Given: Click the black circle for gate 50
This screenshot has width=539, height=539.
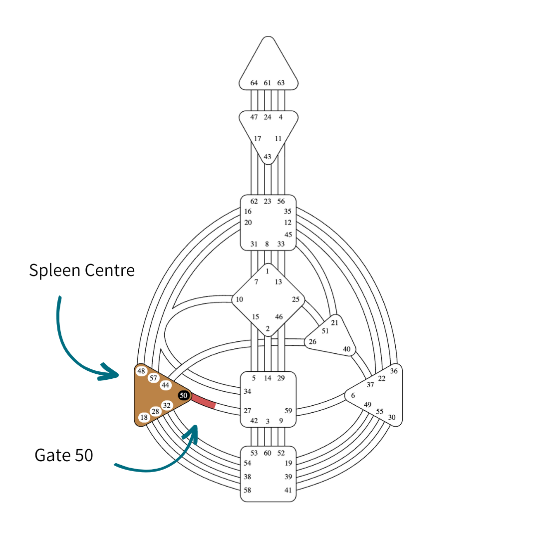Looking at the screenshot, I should pyautogui.click(x=184, y=395).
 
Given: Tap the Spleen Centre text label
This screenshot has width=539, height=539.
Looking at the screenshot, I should pyautogui.click(x=82, y=270).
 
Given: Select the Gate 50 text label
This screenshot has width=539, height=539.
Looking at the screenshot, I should pyautogui.click(x=64, y=455).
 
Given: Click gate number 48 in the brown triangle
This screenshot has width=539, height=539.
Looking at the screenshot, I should pyautogui.click(x=141, y=371).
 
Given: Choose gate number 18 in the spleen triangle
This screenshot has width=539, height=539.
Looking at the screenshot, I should pyautogui.click(x=144, y=417).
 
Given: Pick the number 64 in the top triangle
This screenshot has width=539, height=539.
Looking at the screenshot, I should pyautogui.click(x=255, y=83).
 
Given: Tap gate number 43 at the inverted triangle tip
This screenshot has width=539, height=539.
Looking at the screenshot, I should pyautogui.click(x=268, y=157).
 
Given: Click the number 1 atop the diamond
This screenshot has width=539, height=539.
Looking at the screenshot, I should pyautogui.click(x=268, y=271).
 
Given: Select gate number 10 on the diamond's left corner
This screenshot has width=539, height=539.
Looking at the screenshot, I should pyautogui.click(x=240, y=299).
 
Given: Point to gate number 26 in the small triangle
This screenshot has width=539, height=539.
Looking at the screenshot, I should pyautogui.click(x=312, y=342).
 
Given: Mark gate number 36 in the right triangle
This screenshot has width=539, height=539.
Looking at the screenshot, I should pyautogui.click(x=394, y=371).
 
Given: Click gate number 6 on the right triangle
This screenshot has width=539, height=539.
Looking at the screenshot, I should pyautogui.click(x=353, y=395).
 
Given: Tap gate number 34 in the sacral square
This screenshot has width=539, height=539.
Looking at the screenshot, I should pyautogui.click(x=248, y=392).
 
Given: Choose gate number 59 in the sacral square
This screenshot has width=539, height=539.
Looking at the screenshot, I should pyautogui.click(x=288, y=411).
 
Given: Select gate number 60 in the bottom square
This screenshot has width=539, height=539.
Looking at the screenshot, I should pyautogui.click(x=268, y=453).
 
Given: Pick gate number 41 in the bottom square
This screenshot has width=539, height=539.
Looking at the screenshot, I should pyautogui.click(x=288, y=490).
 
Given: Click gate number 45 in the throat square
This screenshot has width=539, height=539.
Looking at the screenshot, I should pyautogui.click(x=288, y=235).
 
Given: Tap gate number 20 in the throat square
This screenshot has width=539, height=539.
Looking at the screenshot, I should pyautogui.click(x=248, y=223).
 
